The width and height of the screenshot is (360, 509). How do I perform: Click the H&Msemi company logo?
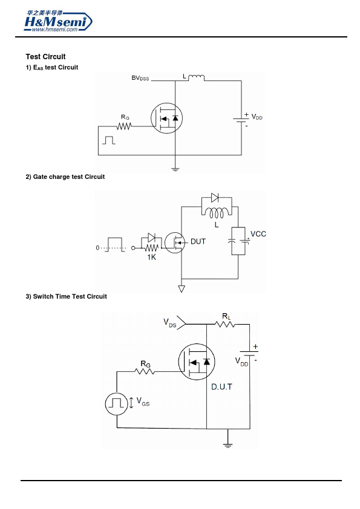pyautogui.click(x=58, y=21)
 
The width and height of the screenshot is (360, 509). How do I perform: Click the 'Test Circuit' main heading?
pyautogui.click(x=46, y=57)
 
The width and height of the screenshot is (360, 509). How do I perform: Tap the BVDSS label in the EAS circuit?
pyautogui.click(x=140, y=78)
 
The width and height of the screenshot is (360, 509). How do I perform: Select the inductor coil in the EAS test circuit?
pyautogui.click(x=196, y=77)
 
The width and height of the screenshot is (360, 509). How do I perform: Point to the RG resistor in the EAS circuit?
pyautogui.click(x=124, y=126)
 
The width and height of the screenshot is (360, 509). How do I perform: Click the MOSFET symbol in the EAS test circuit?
pyautogui.click(x=166, y=118)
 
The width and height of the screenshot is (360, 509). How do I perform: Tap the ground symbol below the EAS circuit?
pyautogui.click(x=175, y=169)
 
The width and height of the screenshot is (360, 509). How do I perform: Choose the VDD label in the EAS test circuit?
pyautogui.click(x=257, y=117)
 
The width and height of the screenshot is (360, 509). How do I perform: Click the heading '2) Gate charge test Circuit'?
pyautogui.click(x=65, y=177)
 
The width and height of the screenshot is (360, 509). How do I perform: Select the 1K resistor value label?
pyautogui.click(x=152, y=257)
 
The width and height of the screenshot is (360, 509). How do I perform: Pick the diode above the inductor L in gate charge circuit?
pyautogui.click(x=215, y=197)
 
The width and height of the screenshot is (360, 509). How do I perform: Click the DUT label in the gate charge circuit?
pyautogui.click(x=198, y=242)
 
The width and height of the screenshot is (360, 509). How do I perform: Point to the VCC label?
pyautogui.click(x=258, y=234)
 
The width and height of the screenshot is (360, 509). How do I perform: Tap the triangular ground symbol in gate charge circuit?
pyautogui.click(x=182, y=288)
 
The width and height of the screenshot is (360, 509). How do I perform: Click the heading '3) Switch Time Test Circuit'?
pyautogui.click(x=67, y=296)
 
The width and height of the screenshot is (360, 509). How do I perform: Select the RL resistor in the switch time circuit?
pyautogui.click(x=225, y=324)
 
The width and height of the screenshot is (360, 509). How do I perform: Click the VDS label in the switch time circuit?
pyautogui.click(x=169, y=323)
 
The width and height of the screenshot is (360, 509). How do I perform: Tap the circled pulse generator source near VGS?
pyautogui.click(x=117, y=404)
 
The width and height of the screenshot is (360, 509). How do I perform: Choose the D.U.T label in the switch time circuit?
pyautogui.click(x=222, y=387)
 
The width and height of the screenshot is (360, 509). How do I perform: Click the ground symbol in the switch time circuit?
pyautogui.click(x=227, y=446)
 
